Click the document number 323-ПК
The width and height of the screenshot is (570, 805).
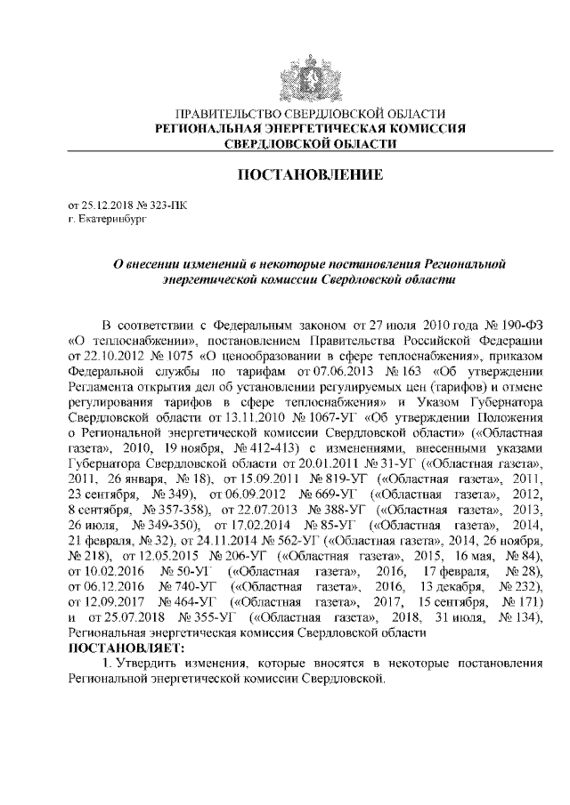[171, 204]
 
